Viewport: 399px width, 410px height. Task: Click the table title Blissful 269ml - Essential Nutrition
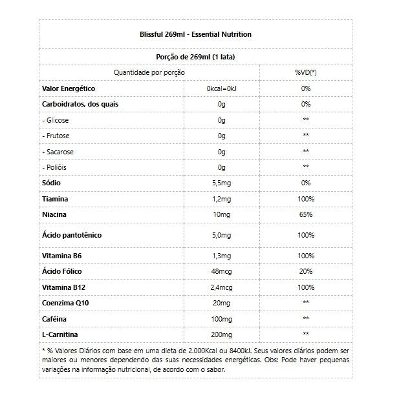pos(195,34)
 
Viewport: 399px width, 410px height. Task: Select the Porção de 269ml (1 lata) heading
pos(195,57)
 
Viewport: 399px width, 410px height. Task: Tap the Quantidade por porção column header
pos(149,72)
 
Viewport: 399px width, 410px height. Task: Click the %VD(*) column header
pos(305,72)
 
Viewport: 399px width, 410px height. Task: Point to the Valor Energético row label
pos(69,88)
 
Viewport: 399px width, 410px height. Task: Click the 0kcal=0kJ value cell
pos(222,88)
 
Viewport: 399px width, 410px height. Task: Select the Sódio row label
pos(52,183)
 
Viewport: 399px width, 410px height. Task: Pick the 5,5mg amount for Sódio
pos(221,183)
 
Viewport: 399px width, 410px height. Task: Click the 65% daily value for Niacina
pos(306,214)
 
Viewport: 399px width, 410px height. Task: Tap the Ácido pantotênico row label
pos(72,235)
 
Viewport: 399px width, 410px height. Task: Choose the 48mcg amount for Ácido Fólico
pos(221,272)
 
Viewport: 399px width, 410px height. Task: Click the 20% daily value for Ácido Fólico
pos(306,272)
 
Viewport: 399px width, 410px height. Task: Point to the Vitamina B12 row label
pos(64,287)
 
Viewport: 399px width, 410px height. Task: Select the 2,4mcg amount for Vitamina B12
pos(221,287)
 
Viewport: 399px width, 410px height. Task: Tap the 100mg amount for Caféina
pos(221,319)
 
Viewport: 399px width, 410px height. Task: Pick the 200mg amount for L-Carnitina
pos(221,334)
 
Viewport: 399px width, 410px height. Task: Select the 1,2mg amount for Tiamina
pos(221,199)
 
